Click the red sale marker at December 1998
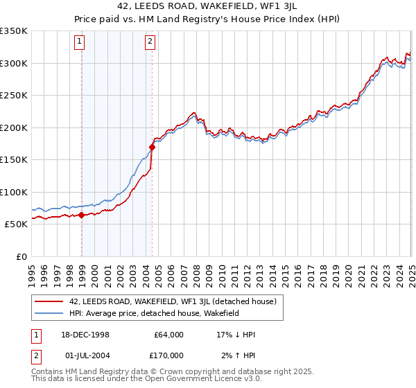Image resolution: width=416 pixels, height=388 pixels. (x=82, y=215)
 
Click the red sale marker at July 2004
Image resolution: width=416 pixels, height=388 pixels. (x=152, y=147)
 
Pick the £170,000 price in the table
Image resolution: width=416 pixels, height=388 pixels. (x=168, y=355)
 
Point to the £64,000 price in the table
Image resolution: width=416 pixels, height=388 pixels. (x=168, y=335)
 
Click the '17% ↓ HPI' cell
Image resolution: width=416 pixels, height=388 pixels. (x=236, y=335)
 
